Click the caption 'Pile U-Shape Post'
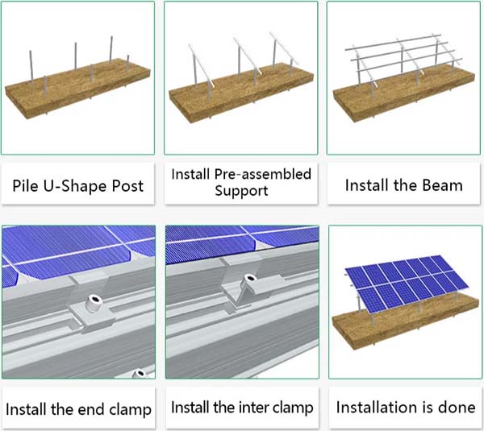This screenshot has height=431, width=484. point(78,185)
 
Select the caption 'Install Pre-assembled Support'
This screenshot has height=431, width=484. point(240,182)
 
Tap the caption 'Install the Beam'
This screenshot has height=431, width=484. point(403,185)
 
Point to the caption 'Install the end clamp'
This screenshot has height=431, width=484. point(78,408)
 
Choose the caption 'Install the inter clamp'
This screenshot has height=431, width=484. point(241,408)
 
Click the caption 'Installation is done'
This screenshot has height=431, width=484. point(405,408)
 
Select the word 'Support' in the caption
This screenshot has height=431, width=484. point(240,192)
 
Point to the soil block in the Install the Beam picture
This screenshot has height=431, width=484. point(403,101)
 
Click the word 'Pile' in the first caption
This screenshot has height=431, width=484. point(27,185)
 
